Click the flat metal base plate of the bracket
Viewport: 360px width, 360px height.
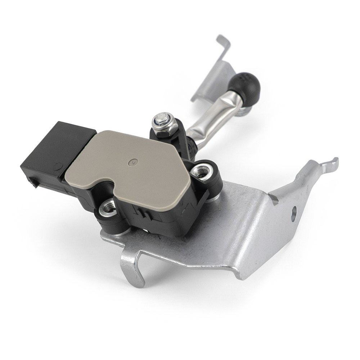(x=216, y=230)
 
